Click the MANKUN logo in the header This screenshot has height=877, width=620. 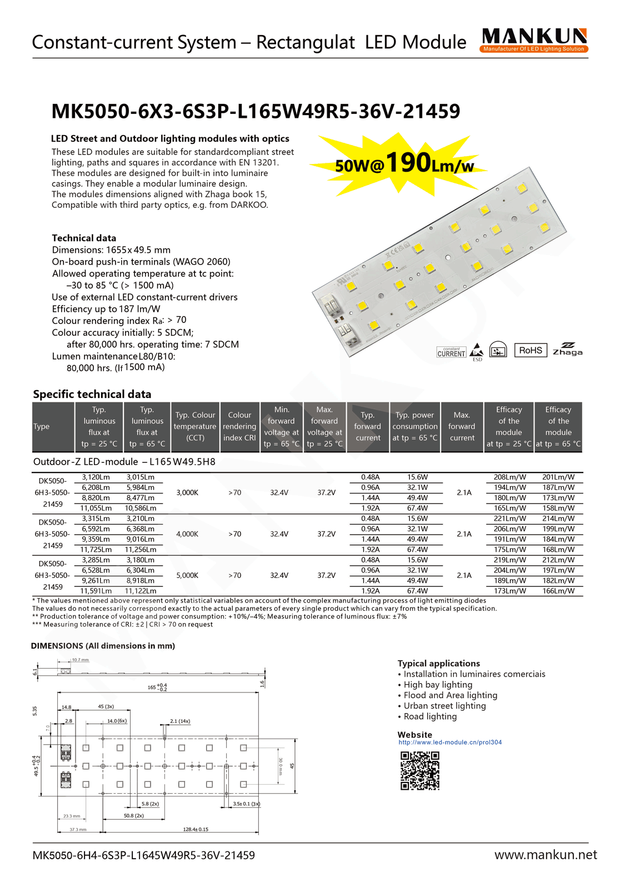tap(534, 40)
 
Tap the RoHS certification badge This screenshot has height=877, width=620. tap(531, 350)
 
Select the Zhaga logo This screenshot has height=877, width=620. tap(567, 349)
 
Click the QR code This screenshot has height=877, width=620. tap(420, 770)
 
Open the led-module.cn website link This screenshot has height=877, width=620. tap(450, 742)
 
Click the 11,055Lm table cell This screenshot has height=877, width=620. tap(96, 508)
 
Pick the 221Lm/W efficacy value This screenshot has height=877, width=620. tap(509, 519)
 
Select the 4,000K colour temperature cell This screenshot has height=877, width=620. tap(187, 534)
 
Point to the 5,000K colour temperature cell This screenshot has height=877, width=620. tap(187, 575)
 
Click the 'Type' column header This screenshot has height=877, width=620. tap(42, 426)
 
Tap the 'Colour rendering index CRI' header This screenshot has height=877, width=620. tap(239, 426)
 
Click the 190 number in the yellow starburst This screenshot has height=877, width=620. tap(408, 162)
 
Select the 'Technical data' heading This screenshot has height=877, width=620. tap(84, 238)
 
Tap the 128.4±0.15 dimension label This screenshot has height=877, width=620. tap(196, 829)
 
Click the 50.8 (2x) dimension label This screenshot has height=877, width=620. tap(133, 815)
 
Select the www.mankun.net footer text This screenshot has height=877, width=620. tap(546, 855)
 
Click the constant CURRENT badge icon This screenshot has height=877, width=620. tap(451, 352)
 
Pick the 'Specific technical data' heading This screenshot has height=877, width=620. tap(92, 394)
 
